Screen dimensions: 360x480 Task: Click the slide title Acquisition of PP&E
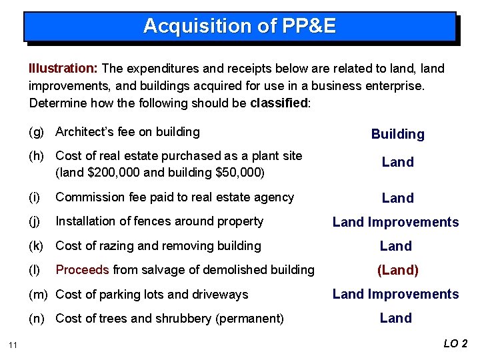[239, 26]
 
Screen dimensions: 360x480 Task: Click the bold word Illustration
[63, 68]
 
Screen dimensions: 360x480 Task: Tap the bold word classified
[279, 103]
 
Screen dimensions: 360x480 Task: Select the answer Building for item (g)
[397, 134]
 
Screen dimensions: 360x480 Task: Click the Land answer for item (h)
[397, 162]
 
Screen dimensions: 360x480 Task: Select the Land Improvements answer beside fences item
[395, 222]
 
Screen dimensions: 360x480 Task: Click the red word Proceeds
[83, 270]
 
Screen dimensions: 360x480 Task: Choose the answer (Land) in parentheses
[397, 270]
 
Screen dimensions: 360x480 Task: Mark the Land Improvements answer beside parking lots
[395, 294]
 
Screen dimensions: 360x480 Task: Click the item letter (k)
[37, 246]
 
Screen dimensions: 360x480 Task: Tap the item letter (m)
[39, 295]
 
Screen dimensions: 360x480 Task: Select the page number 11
[13, 345]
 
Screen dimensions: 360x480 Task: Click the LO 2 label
[455, 344]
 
